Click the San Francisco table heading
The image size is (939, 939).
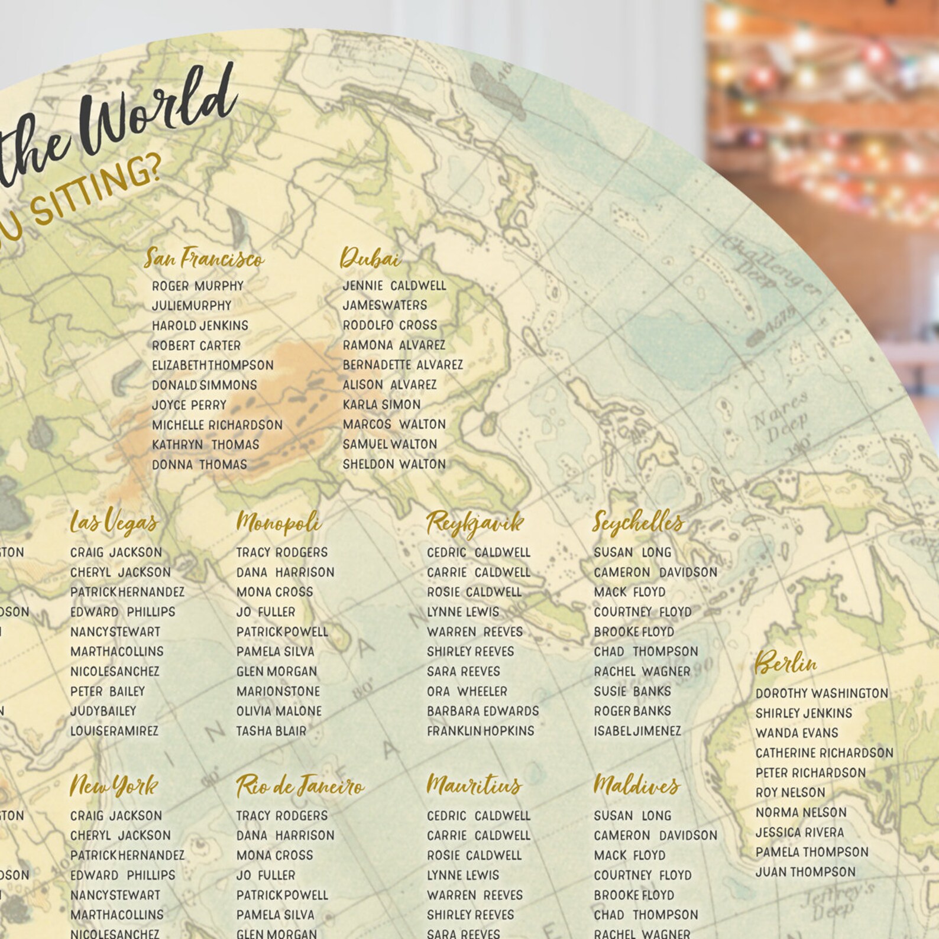[x=204, y=258]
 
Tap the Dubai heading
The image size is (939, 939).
[x=370, y=258]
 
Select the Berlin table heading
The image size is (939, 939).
[x=786, y=663]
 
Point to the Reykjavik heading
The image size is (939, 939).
[x=475, y=523]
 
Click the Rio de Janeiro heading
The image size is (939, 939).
[x=300, y=786]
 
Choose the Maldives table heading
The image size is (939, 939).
[x=636, y=785]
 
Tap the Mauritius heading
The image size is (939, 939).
[x=474, y=785]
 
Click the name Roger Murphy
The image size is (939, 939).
[x=197, y=286]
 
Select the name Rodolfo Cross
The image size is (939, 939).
[x=390, y=325]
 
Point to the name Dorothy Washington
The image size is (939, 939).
[x=821, y=693]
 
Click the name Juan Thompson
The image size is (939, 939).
[x=805, y=872]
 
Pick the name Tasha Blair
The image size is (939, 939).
[x=271, y=731]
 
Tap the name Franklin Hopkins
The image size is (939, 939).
[x=480, y=731]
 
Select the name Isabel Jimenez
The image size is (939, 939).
[x=637, y=731]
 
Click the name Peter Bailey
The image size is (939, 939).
[x=108, y=691]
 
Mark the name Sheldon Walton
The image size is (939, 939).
[x=394, y=464]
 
